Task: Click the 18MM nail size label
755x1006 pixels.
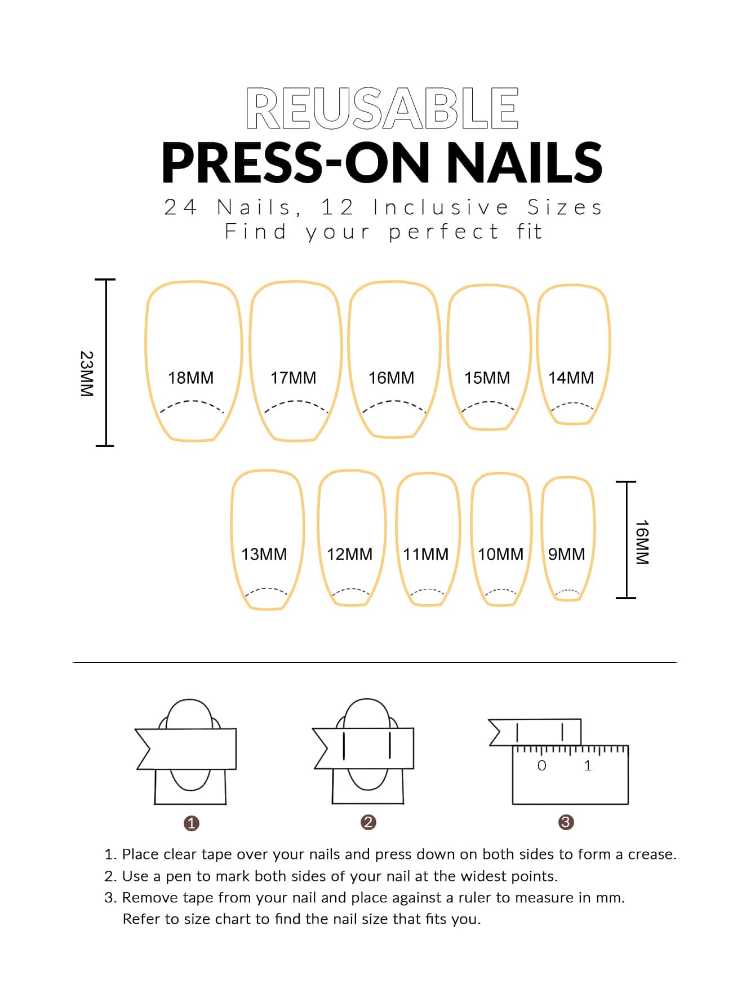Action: click(x=191, y=378)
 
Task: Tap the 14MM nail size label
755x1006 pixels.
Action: click(x=571, y=378)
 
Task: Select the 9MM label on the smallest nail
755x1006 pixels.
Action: click(x=567, y=554)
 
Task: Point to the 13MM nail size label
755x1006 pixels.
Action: click(x=264, y=554)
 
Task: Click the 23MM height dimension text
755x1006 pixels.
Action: click(x=87, y=374)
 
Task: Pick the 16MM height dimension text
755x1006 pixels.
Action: click(x=642, y=542)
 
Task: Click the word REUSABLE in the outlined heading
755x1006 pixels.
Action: click(x=382, y=108)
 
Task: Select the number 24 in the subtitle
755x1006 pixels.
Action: click(x=180, y=207)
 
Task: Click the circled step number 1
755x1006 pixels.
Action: click(x=192, y=823)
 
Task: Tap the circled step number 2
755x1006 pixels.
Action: click(x=368, y=822)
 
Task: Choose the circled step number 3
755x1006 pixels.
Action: click(x=566, y=822)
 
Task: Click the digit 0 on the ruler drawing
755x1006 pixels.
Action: click(x=542, y=765)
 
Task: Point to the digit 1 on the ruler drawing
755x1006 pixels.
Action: click(x=588, y=765)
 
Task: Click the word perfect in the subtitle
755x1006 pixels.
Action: click(x=444, y=232)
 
